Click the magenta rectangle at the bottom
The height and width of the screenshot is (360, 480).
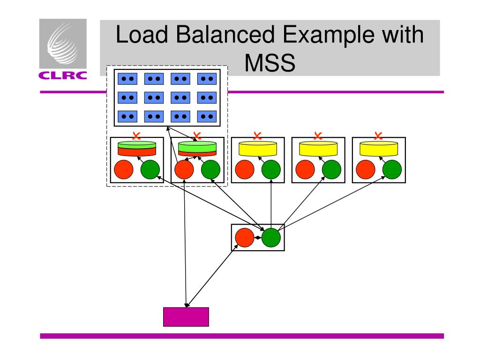[x=186, y=317]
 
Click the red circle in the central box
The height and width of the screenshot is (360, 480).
[x=244, y=238]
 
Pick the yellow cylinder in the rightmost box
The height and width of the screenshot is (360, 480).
[x=379, y=148]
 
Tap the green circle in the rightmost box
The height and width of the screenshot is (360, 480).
[x=392, y=170]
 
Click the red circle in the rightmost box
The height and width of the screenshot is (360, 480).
[x=366, y=170]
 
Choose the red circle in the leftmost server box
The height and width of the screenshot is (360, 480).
[x=124, y=170]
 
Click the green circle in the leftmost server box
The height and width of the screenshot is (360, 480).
[x=150, y=170]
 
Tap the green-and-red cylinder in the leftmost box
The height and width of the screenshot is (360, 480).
[x=137, y=148]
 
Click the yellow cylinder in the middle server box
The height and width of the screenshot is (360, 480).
[x=258, y=148]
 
